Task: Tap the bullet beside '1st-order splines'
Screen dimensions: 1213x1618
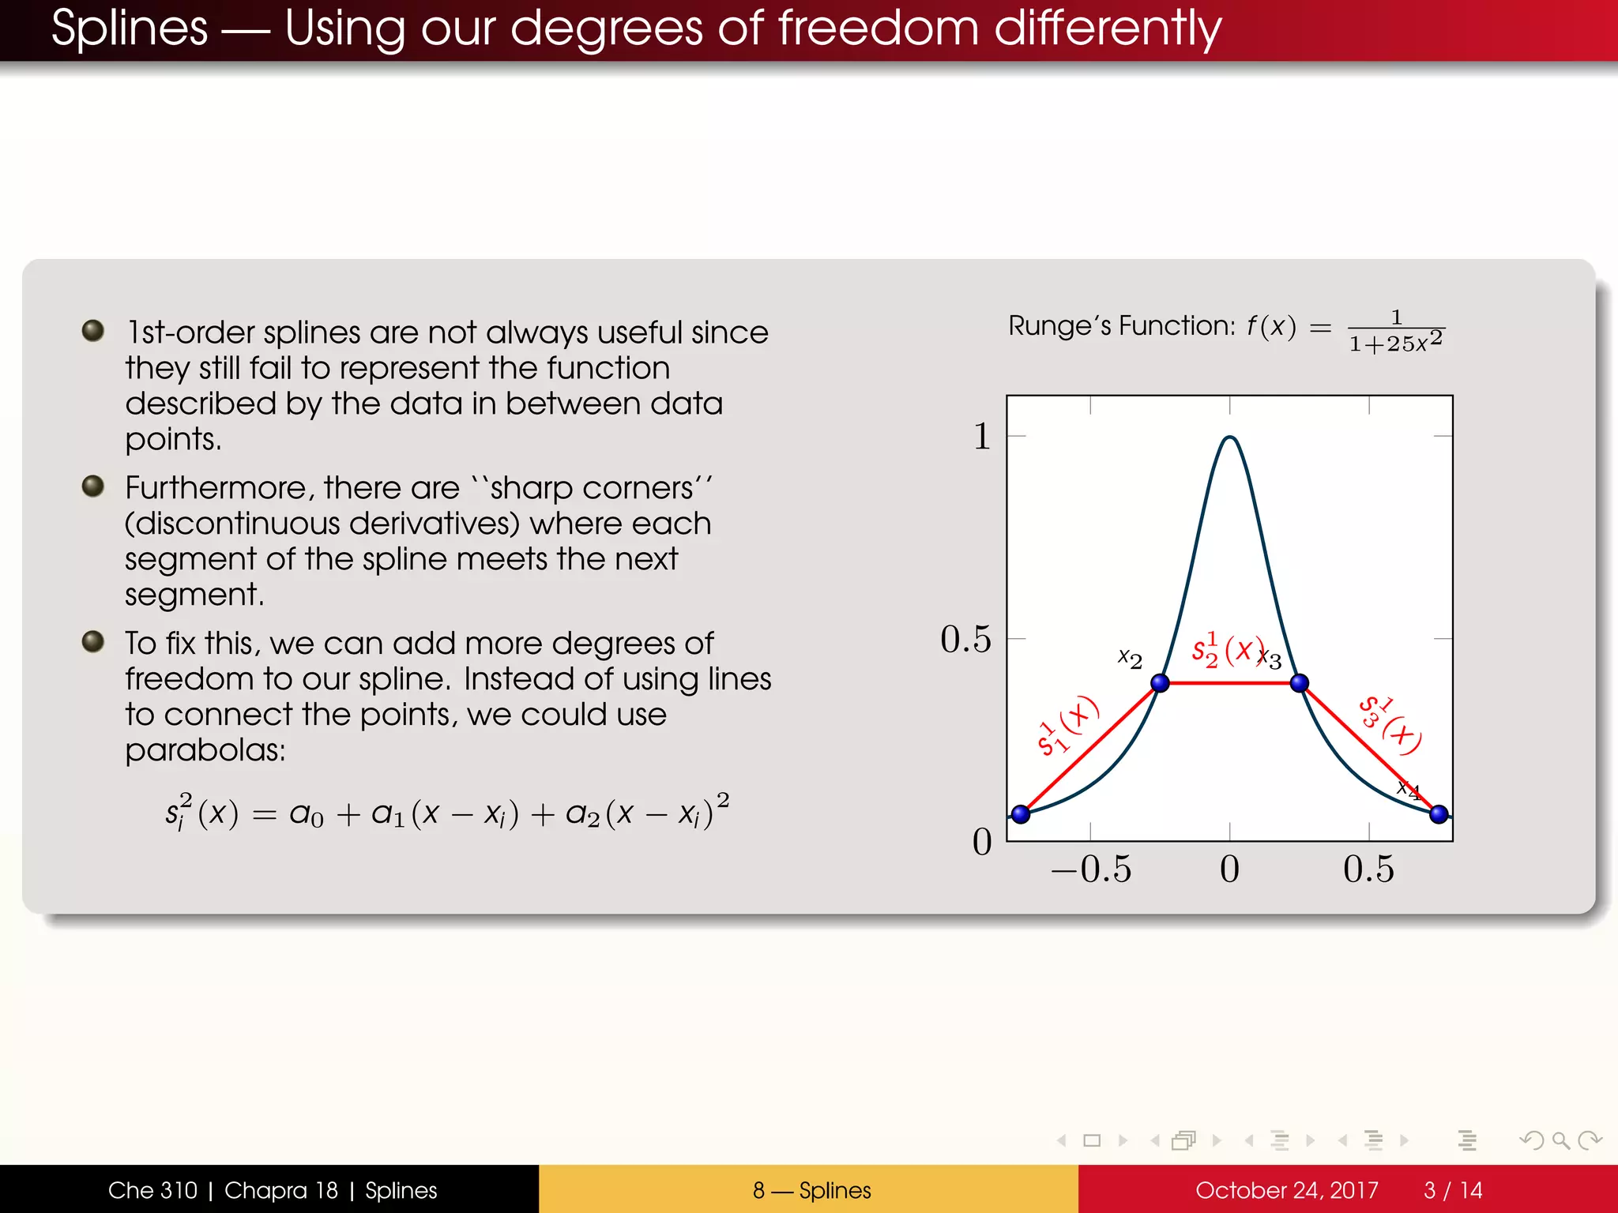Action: pos(93,330)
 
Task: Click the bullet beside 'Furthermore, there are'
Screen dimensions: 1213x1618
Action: pos(93,486)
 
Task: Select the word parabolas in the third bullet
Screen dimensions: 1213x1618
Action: pos(205,749)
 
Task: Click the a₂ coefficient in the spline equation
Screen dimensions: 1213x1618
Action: pos(583,813)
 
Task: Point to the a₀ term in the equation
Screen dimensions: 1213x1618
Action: pos(307,813)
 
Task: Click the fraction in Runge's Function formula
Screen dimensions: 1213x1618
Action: pos(1396,331)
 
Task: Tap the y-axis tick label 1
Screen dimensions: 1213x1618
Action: pos(981,436)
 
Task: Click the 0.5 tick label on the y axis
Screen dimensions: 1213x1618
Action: pos(965,639)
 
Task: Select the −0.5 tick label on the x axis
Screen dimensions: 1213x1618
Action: pos(1091,869)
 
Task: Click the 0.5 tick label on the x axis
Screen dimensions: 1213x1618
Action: pos(1368,869)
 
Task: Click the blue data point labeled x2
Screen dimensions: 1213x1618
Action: pos(1160,682)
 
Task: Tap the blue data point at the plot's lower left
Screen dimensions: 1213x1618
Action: pos(1021,813)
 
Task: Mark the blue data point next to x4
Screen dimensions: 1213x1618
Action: pos(1439,813)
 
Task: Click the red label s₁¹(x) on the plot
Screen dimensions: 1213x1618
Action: pos(1067,726)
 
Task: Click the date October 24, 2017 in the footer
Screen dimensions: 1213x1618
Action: pos(1286,1190)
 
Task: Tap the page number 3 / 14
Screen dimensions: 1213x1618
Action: pos(1453,1190)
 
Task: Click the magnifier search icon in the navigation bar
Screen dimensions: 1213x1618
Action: pos(1560,1140)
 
